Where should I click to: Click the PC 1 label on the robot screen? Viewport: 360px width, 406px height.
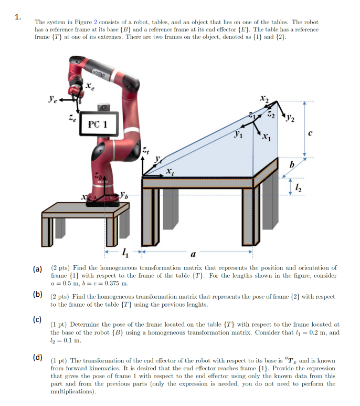pos(98,124)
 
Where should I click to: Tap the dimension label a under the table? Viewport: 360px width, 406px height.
pos(194,255)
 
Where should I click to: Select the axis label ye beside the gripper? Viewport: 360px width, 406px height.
pos(52,98)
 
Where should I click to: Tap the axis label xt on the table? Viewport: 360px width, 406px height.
pos(168,171)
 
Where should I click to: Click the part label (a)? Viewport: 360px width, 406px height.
pos(38,269)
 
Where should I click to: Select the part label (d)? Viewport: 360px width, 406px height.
pos(38,358)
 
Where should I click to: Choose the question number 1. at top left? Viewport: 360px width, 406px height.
pos(18,17)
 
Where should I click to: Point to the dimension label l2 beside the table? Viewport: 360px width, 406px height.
pos(297,186)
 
